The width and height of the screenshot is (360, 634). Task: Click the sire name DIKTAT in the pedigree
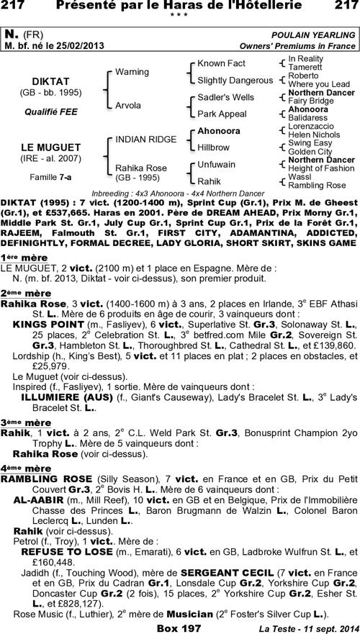pyautogui.click(x=50, y=81)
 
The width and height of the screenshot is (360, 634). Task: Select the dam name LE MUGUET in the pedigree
pyautogui.click(x=50, y=147)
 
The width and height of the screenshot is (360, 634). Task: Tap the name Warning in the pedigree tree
pyautogui.click(x=132, y=72)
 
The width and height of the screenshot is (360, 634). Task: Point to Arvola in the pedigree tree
pyautogui.click(x=128, y=105)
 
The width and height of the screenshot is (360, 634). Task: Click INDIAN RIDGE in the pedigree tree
pyautogui.click(x=141, y=138)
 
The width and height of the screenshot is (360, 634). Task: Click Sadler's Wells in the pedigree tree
pyautogui.click(x=225, y=96)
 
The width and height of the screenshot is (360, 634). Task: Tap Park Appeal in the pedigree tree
pyautogui.click(x=221, y=113)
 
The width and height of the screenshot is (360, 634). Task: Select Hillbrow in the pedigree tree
pyautogui.click(x=214, y=146)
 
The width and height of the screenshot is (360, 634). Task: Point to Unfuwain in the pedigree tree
pyautogui.click(x=217, y=163)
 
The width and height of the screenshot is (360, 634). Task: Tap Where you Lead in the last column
pyautogui.click(x=318, y=83)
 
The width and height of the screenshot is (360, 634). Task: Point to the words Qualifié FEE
pyautogui.click(x=50, y=112)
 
